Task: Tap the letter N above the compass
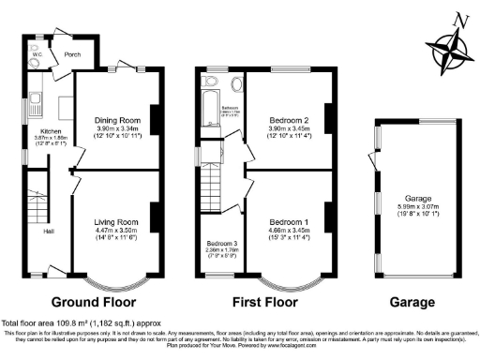(x=457, y=20)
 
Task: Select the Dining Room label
(x=116, y=120)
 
